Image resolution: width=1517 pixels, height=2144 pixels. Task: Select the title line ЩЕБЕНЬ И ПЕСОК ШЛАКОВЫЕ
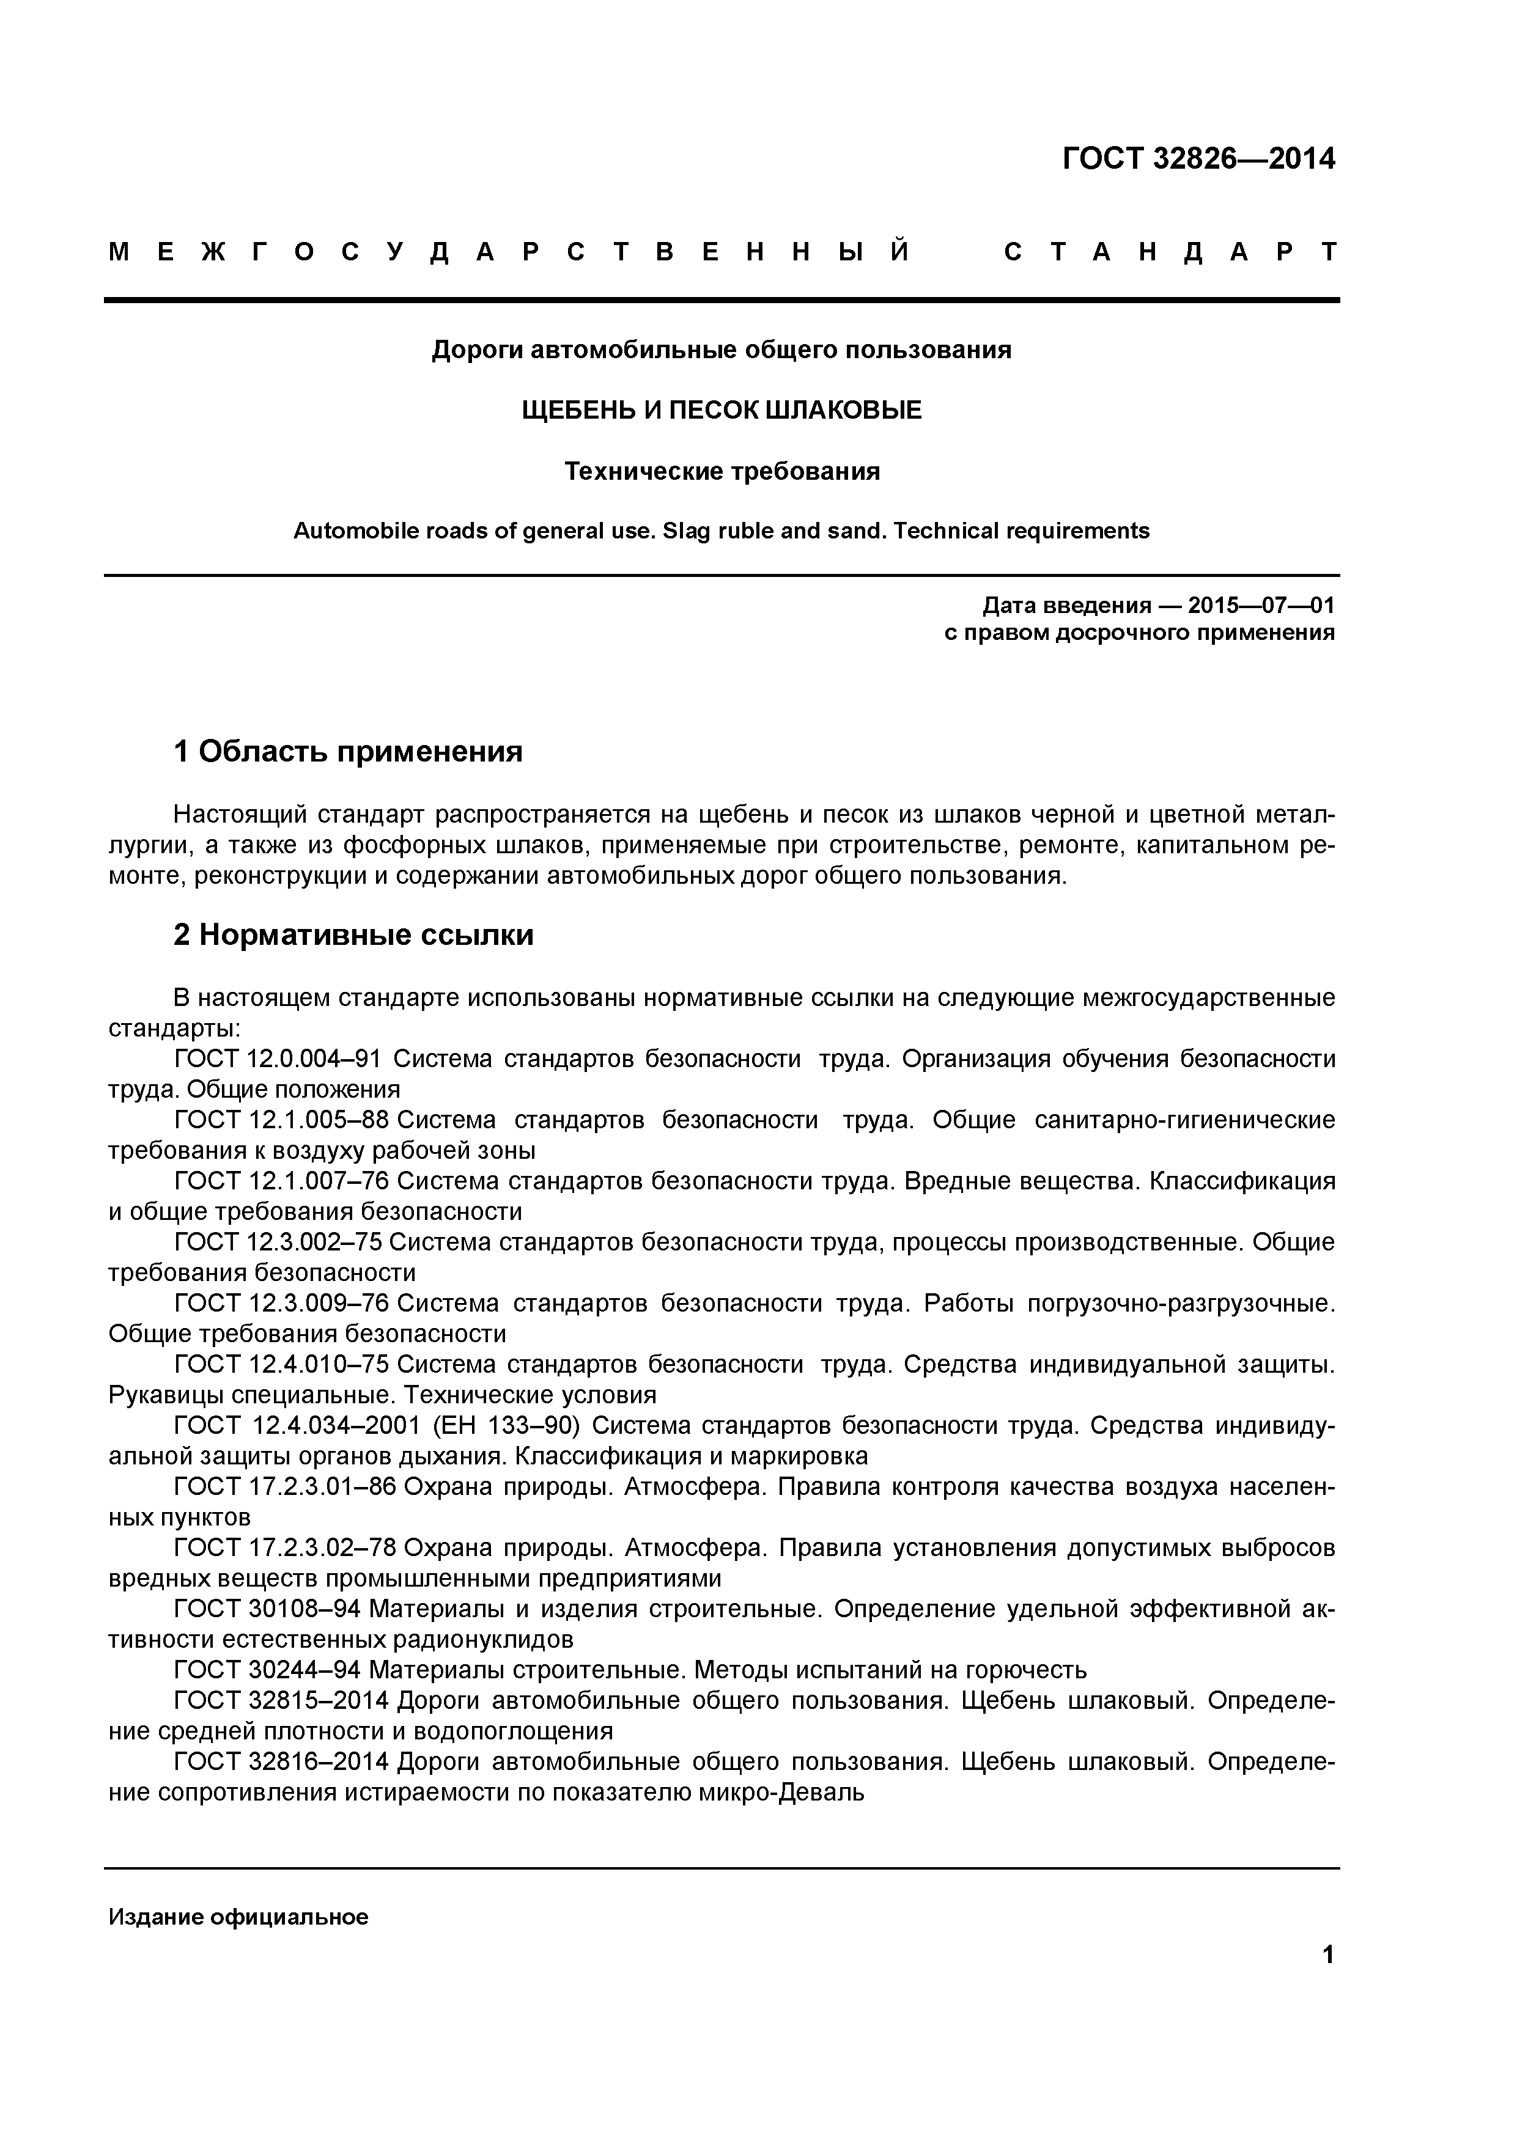pyautogui.click(x=721, y=410)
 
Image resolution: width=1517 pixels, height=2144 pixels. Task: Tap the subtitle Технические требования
pyautogui.click(x=721, y=472)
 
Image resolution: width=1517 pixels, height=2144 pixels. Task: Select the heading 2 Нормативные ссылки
pyautogui.click(x=353, y=934)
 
